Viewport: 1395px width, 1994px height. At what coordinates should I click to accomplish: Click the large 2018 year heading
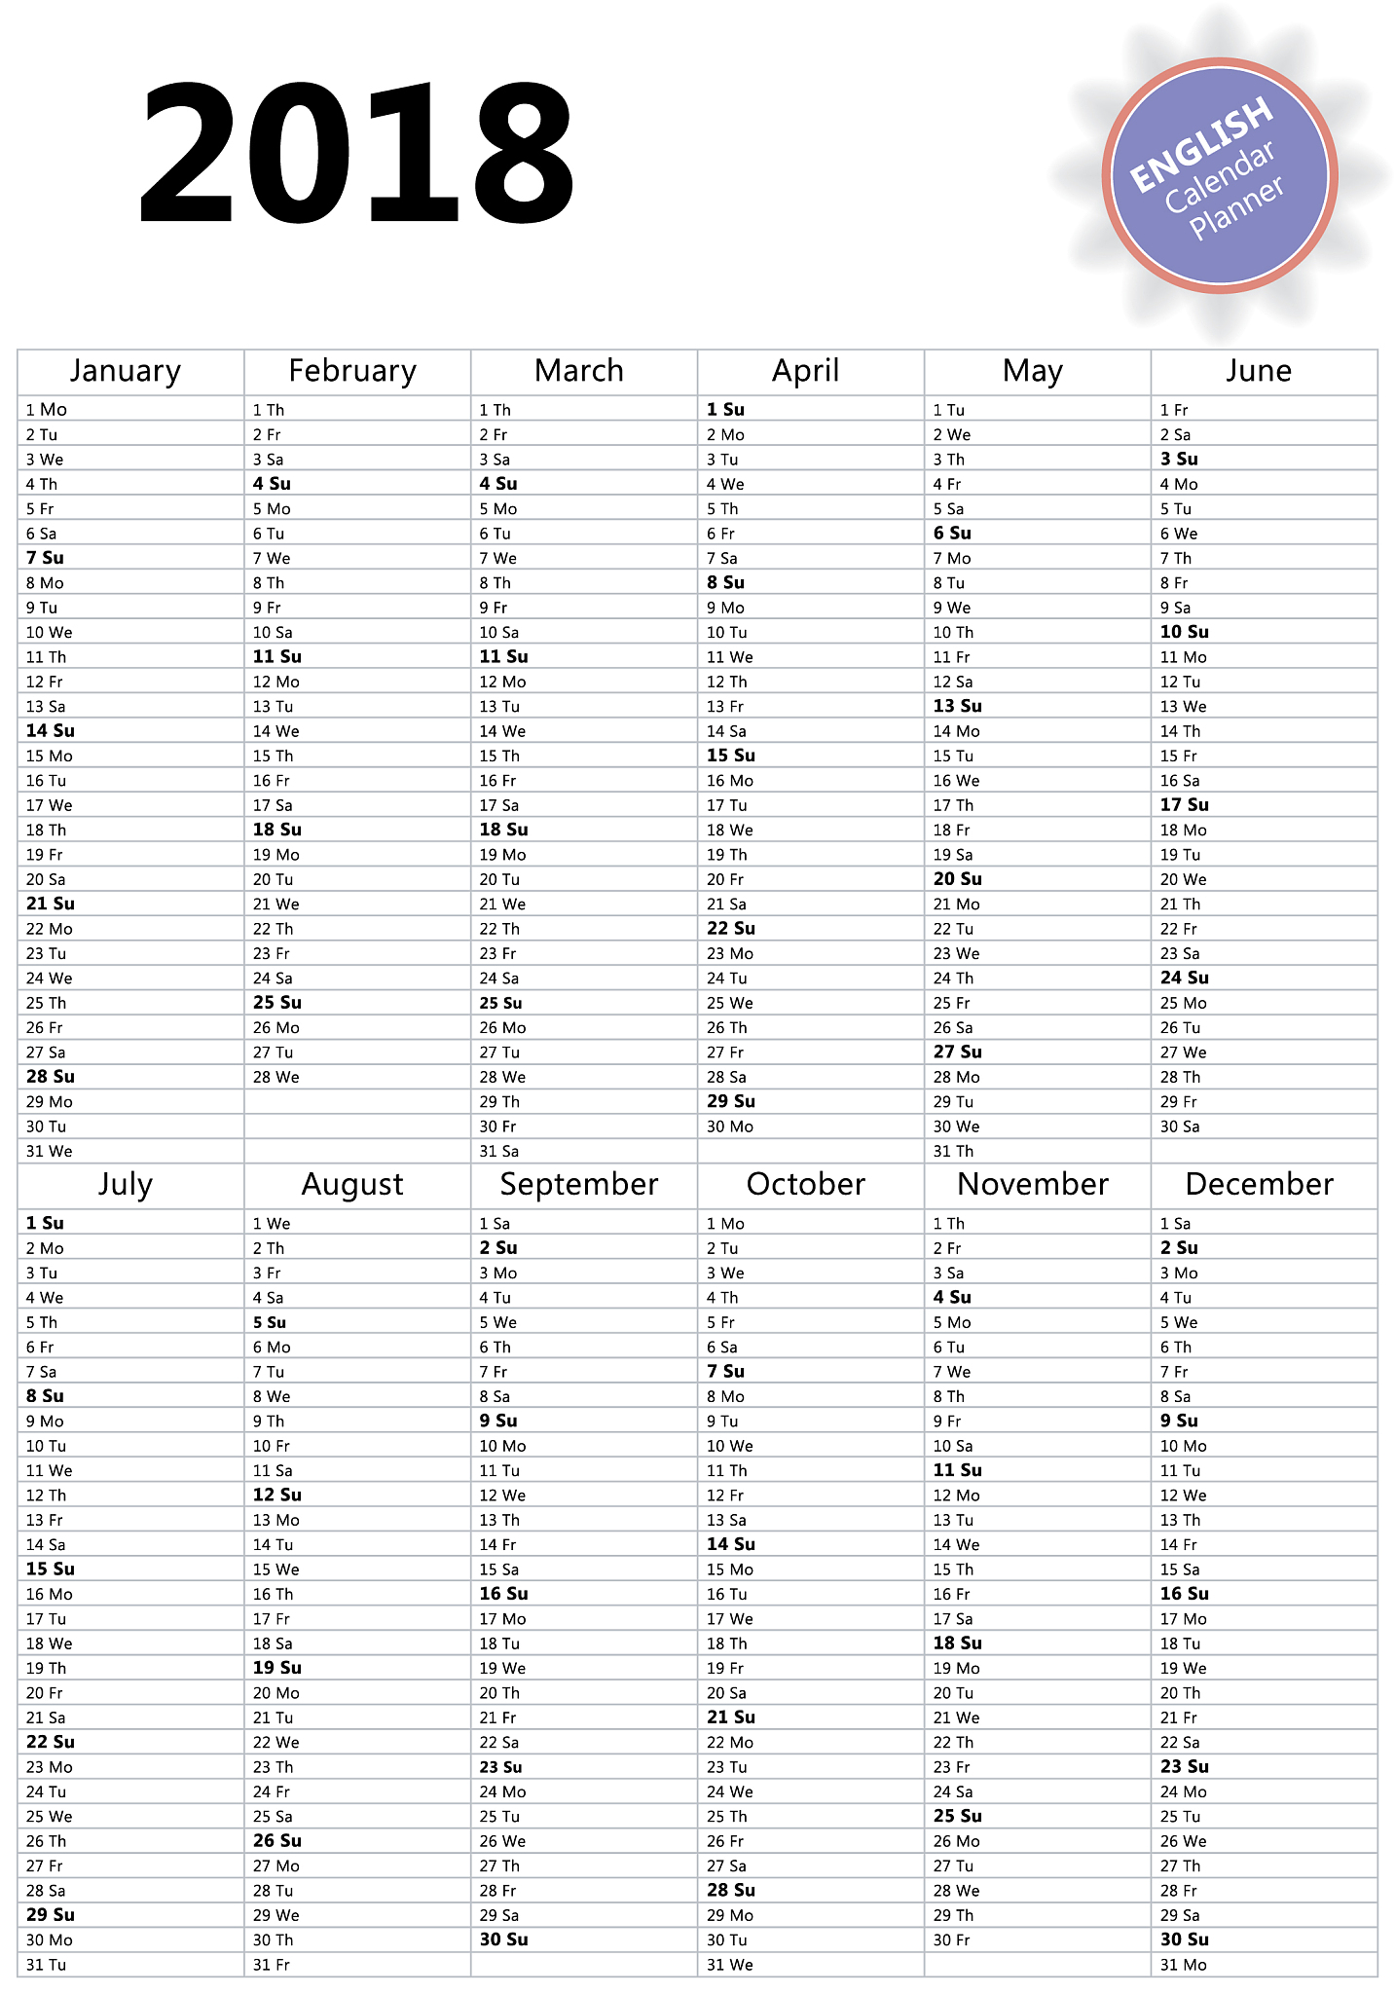pyautogui.click(x=356, y=153)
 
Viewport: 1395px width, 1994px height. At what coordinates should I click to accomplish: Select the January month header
pyautogui.click(x=126, y=371)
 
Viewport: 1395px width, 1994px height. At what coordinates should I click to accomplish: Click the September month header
pyautogui.click(x=579, y=1184)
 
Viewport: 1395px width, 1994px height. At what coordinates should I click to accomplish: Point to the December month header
pyautogui.click(x=1259, y=1184)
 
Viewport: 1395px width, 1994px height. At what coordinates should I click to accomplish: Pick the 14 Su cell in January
pyautogui.click(x=51, y=731)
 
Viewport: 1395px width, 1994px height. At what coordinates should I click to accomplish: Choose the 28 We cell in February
pyautogui.click(x=276, y=1077)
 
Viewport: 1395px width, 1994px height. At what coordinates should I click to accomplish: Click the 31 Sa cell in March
pyautogui.click(x=499, y=1151)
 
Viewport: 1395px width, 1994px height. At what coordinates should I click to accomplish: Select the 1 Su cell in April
pyautogui.click(x=725, y=410)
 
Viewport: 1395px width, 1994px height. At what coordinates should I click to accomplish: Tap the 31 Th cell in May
pyautogui.click(x=953, y=1151)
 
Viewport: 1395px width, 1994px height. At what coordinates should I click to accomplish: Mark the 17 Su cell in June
pyautogui.click(x=1184, y=805)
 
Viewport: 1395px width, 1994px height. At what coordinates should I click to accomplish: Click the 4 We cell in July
pyautogui.click(x=45, y=1298)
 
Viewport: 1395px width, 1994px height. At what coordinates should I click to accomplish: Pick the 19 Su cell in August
pyautogui.click(x=277, y=1668)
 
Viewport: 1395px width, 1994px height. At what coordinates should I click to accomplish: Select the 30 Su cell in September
pyautogui.click(x=503, y=1939)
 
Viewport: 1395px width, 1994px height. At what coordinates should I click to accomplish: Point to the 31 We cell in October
pyautogui.click(x=730, y=1965)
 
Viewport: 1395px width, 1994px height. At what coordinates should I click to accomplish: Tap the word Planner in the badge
pyautogui.click(x=1236, y=207)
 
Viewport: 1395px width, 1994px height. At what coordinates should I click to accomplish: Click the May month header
pyautogui.click(x=1033, y=371)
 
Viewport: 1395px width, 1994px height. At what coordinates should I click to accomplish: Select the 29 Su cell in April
pyautogui.click(x=731, y=1101)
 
